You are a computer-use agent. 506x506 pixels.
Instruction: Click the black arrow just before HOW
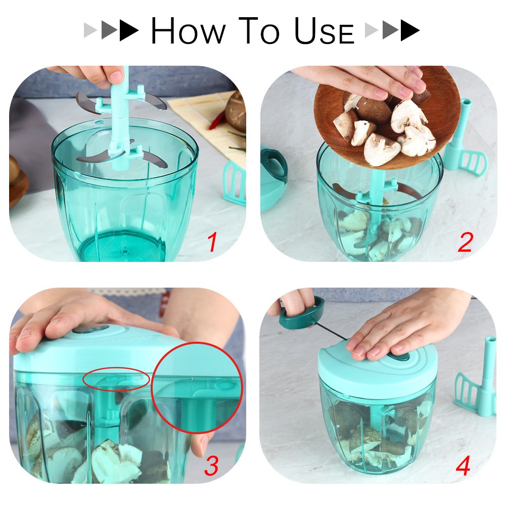[x=129, y=31]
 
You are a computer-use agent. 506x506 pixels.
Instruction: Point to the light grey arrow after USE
[x=372, y=31]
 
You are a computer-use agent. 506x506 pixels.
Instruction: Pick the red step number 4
[x=463, y=466]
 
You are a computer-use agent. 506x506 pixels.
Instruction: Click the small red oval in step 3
[x=116, y=379]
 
